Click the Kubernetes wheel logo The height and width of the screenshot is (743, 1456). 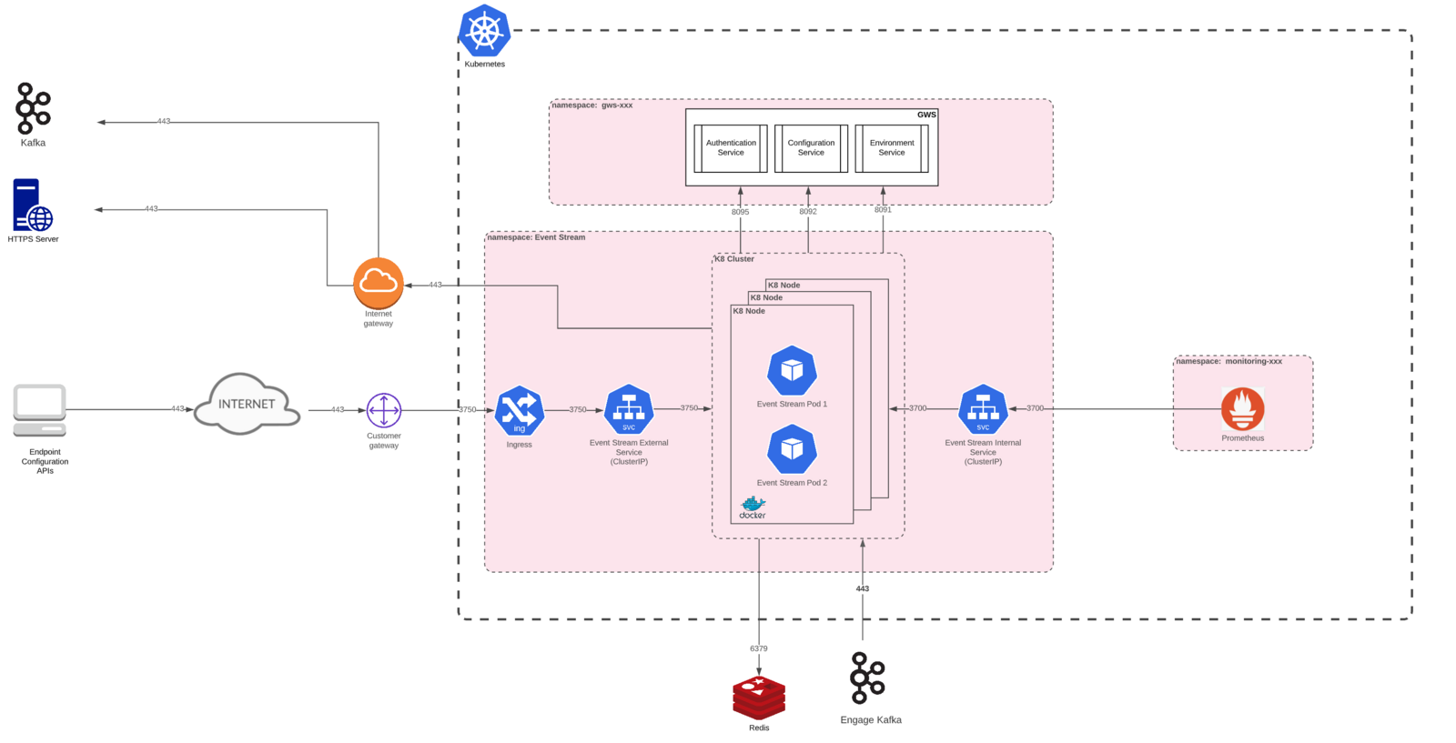[484, 31]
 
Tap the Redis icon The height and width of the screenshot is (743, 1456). [759, 698]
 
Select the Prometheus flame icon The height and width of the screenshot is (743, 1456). [1242, 409]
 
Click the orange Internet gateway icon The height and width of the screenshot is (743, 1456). [379, 283]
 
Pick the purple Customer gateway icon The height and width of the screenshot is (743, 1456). [383, 410]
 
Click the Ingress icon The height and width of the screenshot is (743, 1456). [520, 410]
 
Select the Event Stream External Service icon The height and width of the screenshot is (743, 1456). [629, 410]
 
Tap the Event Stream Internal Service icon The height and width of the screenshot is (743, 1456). [983, 409]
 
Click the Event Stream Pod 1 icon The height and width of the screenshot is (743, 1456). [792, 371]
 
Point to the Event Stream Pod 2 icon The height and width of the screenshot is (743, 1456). [792, 449]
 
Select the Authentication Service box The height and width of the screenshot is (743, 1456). [731, 148]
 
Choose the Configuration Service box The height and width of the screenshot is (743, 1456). [811, 148]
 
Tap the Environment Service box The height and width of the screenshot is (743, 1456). [892, 148]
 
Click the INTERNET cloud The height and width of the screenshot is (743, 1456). [247, 404]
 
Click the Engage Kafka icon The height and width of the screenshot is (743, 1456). [868, 678]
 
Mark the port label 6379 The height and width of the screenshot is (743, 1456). [759, 648]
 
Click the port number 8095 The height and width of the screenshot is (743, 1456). [741, 212]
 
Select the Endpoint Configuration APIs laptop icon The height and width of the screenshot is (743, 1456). [40, 410]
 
